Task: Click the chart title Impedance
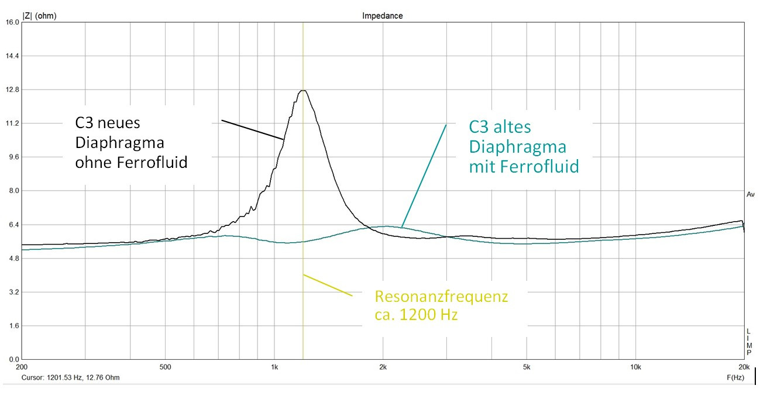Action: (x=383, y=16)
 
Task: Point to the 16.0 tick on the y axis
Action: (x=12, y=22)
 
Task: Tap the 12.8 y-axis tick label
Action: (x=12, y=90)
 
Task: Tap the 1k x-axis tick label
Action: (x=274, y=367)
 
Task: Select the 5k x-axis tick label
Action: (x=527, y=367)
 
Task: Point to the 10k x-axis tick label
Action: (x=635, y=367)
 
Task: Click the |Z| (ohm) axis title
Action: (x=39, y=16)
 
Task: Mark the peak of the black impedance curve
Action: (x=302, y=91)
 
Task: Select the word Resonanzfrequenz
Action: (x=442, y=297)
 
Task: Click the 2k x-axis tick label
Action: (x=383, y=367)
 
